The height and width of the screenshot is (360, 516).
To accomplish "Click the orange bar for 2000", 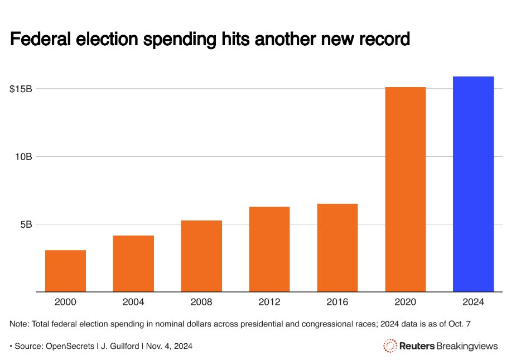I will [65, 271].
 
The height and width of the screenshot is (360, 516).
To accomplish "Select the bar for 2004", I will [133, 263].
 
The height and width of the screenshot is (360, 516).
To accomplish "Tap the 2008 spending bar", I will [201, 256].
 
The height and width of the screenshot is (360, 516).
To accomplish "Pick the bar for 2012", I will [269, 249].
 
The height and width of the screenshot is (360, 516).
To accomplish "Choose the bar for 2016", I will [337, 247].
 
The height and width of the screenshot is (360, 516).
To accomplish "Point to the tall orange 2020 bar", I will [405, 189].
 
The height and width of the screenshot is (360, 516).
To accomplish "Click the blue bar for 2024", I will [473, 184].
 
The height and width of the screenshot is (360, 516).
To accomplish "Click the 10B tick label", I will [23, 157].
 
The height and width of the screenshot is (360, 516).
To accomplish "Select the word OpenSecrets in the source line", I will [70, 347].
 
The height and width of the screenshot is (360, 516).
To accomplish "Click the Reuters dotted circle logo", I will [390, 346].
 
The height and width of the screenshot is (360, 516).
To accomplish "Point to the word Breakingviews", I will [467, 347].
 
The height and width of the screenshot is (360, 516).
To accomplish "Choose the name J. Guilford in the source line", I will [119, 347].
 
